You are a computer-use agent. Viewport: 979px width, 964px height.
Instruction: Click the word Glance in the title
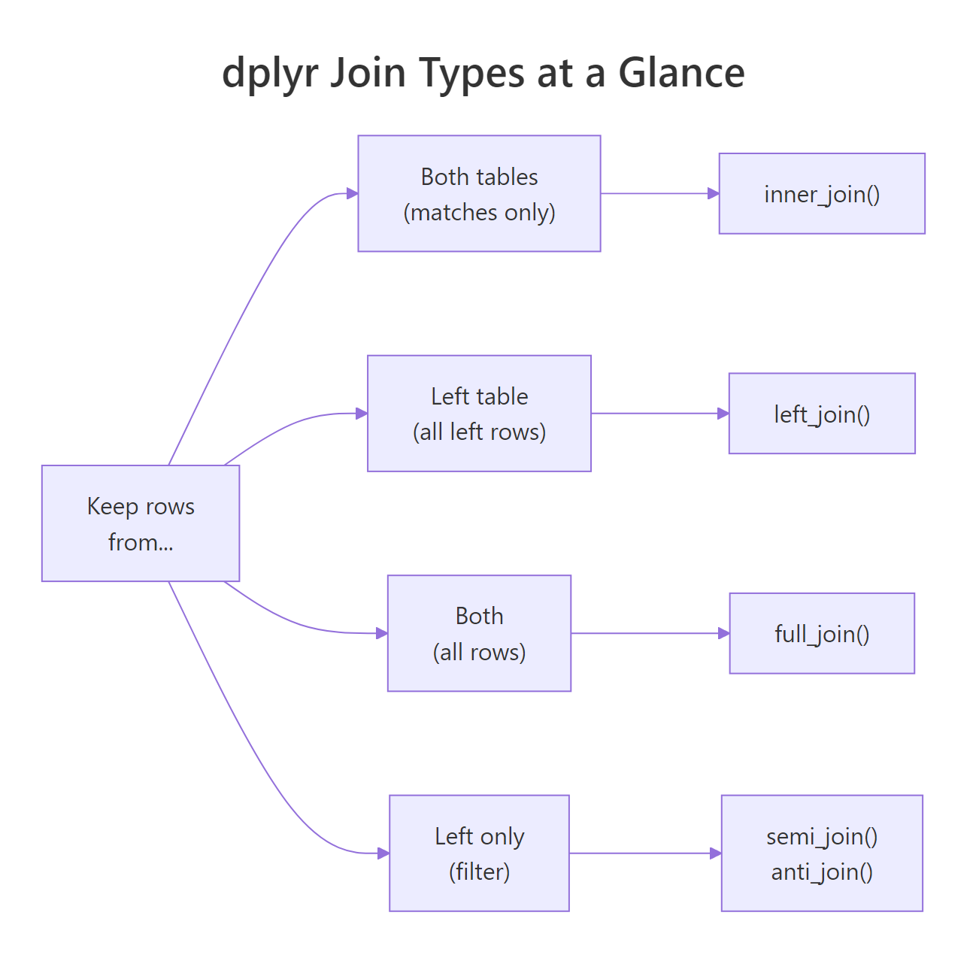click(681, 73)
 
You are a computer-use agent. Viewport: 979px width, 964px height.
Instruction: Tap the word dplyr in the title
click(269, 74)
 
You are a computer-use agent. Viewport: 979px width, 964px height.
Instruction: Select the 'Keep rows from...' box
click(141, 523)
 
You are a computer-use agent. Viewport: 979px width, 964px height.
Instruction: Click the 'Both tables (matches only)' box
click(479, 193)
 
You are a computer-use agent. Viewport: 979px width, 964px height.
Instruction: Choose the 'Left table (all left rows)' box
click(479, 414)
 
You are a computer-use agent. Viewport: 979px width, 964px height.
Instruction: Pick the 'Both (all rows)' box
click(479, 633)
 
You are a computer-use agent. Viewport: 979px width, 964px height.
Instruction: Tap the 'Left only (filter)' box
click(479, 853)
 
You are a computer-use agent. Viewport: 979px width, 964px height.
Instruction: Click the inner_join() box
click(822, 194)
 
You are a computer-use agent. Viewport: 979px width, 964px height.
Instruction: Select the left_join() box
click(822, 414)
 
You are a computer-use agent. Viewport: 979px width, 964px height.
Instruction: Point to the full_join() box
click(822, 633)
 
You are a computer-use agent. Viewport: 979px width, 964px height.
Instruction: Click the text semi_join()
click(822, 836)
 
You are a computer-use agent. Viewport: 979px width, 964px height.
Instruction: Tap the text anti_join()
click(822, 872)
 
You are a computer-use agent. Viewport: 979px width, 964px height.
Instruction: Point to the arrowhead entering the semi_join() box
click(715, 853)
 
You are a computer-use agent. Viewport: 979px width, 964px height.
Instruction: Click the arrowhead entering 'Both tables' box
click(352, 193)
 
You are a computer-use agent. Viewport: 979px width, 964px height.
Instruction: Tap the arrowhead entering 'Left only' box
click(383, 853)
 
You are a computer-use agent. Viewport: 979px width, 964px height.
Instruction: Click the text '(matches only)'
click(479, 213)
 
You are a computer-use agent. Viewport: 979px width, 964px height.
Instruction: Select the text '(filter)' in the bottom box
click(479, 872)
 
